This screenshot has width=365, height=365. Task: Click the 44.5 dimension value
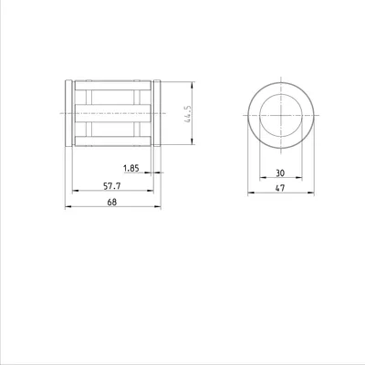[x=188, y=114]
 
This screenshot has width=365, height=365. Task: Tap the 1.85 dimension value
[x=131, y=168]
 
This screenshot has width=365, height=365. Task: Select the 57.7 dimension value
[x=112, y=186]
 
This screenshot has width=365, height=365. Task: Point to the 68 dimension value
[x=112, y=202]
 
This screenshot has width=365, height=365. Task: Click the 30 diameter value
[x=280, y=173]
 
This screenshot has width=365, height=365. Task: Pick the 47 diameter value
[x=280, y=188]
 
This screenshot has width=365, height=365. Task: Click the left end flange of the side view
[x=69, y=113]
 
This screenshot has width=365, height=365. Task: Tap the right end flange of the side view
[x=157, y=113]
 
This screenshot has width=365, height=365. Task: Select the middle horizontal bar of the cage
[x=113, y=113]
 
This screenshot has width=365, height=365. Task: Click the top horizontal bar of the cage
[x=113, y=86]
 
